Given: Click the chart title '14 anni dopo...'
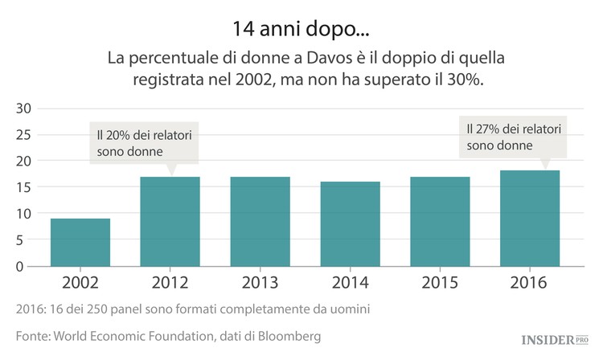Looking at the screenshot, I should [x=301, y=29].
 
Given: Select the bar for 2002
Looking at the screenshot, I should [x=80, y=242].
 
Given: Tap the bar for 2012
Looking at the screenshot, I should [x=170, y=221].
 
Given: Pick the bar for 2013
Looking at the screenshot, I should [x=260, y=221].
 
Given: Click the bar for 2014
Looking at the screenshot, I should [x=350, y=223].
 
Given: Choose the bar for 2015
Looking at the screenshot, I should [x=440, y=221].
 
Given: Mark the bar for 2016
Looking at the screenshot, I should [x=529, y=218].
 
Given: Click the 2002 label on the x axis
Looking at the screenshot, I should [x=80, y=283].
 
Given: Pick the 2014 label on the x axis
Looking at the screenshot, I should [x=350, y=283].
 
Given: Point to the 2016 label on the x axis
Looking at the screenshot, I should [x=529, y=283].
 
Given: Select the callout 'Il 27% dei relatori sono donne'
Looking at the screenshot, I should [x=513, y=137].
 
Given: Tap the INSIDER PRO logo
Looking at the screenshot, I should [x=543, y=338].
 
